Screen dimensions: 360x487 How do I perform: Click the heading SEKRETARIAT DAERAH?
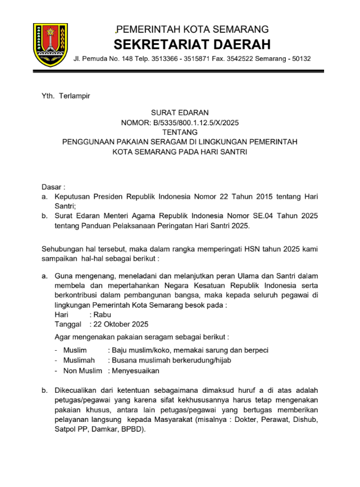(x=192, y=44)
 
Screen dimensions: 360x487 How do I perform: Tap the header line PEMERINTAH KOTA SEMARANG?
(x=192, y=29)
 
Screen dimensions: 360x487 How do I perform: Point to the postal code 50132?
(x=299, y=59)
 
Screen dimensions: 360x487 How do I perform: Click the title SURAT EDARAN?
(x=179, y=112)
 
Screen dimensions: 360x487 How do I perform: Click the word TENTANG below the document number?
(x=179, y=132)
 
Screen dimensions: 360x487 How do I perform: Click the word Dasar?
(x=52, y=187)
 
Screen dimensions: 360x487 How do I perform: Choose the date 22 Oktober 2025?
(x=122, y=324)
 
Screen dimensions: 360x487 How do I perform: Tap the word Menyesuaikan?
(x=134, y=370)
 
